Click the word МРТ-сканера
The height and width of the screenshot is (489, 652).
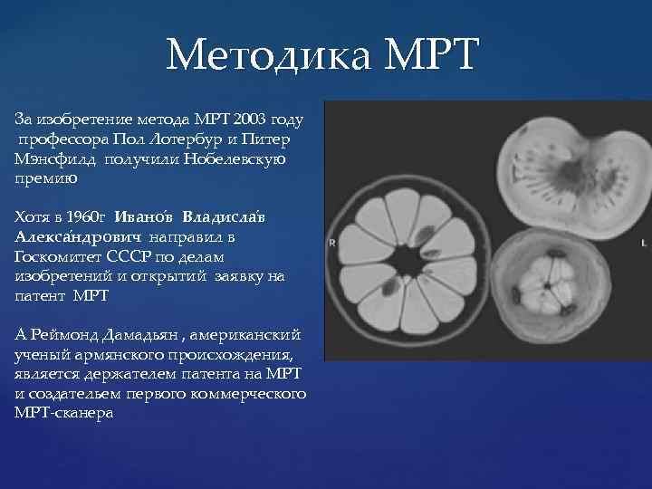[63, 414]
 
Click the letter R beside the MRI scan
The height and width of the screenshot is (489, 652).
[332, 243]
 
